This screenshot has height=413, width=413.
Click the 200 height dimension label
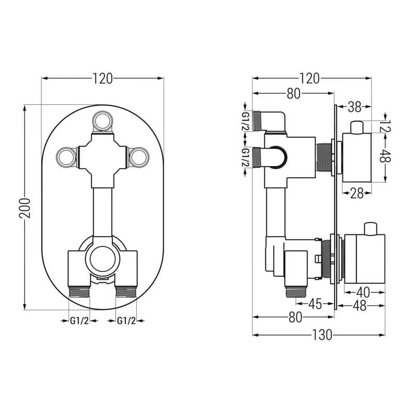(25, 208)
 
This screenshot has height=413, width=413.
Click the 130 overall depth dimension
(322, 335)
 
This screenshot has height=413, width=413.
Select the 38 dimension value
(355, 107)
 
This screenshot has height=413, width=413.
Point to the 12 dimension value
(386, 126)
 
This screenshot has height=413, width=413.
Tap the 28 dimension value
(357, 194)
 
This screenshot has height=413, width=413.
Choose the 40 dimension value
(363, 292)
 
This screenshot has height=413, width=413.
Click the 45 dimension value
(315, 304)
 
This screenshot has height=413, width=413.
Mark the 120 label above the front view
(102, 78)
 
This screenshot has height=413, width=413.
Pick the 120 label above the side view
(310, 78)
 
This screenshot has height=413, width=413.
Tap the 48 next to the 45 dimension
(359, 306)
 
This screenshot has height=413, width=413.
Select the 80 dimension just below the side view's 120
(293, 93)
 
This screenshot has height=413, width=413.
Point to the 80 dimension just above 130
(295, 317)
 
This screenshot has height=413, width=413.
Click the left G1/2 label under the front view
(80, 321)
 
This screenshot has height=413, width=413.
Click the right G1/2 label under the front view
(126, 321)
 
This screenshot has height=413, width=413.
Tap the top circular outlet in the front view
(103, 121)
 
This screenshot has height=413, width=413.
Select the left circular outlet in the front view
(67, 157)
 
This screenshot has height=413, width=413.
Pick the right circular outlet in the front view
(139, 157)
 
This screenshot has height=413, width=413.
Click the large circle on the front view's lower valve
(103, 259)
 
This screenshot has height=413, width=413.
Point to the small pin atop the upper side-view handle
(357, 127)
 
